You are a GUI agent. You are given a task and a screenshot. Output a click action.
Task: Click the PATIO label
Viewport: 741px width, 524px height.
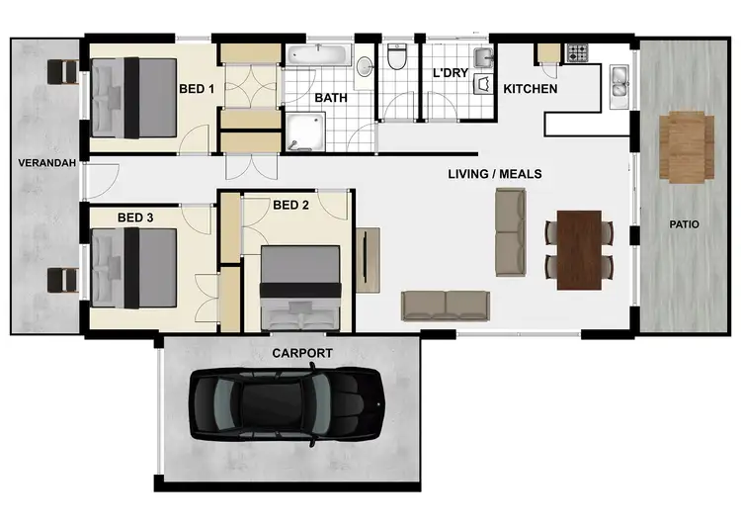684,224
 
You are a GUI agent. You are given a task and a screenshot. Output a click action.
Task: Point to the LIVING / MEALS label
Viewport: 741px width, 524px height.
494,174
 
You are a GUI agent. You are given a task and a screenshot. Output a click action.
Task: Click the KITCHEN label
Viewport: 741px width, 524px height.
531,89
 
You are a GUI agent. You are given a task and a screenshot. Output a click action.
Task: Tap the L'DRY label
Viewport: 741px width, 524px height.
451,72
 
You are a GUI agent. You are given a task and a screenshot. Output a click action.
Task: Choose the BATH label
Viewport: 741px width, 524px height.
330,98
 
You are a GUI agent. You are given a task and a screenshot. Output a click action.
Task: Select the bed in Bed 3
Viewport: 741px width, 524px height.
133,268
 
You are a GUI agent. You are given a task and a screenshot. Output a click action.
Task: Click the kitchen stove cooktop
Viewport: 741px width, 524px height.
576,52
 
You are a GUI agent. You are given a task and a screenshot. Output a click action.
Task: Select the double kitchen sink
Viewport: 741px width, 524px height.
620,85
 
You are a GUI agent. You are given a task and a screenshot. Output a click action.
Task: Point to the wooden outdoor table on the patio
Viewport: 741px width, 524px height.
687,146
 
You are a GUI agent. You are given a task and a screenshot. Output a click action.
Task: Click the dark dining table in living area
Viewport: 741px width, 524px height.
580,249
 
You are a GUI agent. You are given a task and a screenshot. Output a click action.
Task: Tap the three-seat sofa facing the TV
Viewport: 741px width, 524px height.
445,305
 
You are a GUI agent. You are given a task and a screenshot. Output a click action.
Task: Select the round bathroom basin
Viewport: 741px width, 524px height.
365,67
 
